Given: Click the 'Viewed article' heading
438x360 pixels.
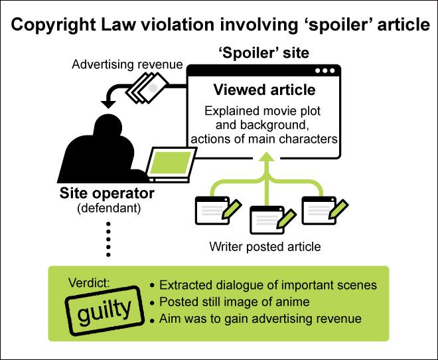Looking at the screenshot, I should tap(263, 90).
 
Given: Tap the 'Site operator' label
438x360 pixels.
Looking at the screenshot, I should tap(107, 194).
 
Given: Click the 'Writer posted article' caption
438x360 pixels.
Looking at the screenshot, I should tap(265, 246).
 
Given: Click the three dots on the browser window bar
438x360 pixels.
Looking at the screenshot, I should tap(325, 71).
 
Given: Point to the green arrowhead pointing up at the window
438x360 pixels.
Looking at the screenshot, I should tap(265, 157).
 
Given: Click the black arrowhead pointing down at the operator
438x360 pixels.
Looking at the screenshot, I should tap(107, 104).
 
